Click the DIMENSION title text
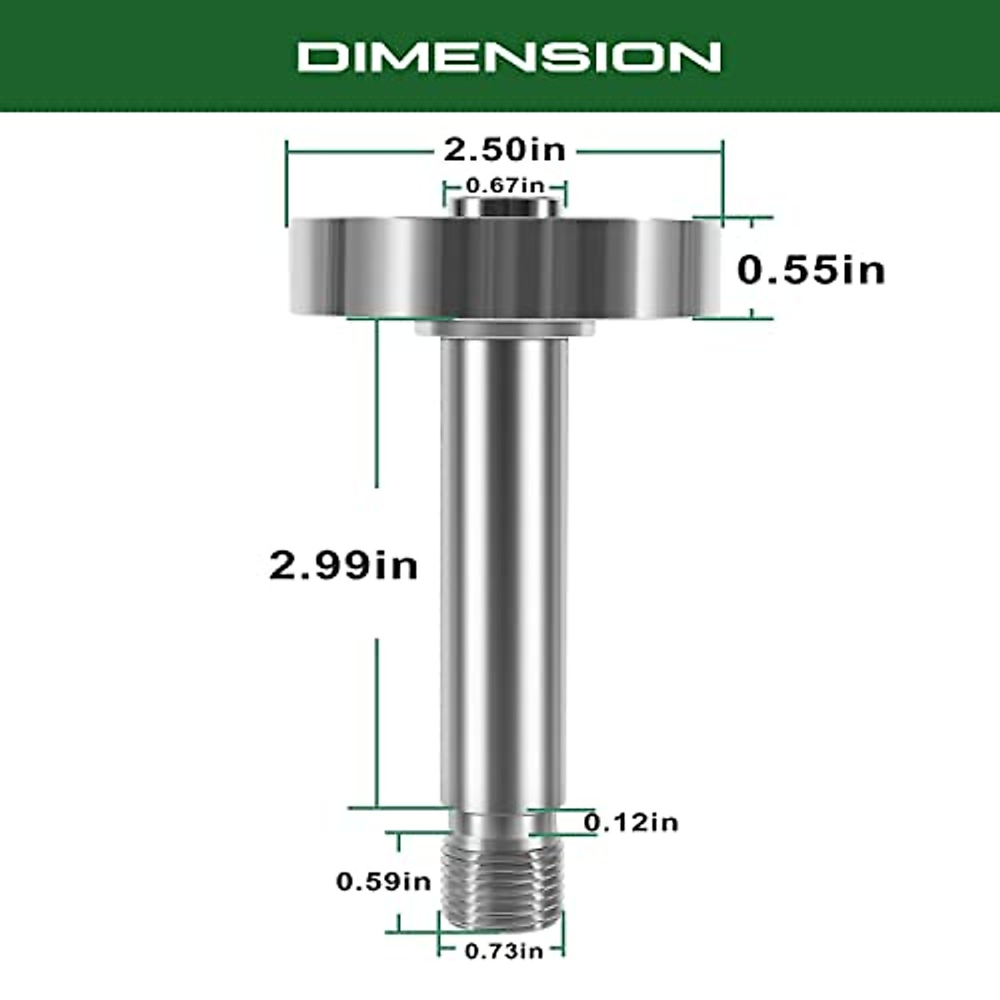click(509, 57)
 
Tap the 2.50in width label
click(504, 150)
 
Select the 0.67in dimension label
click(504, 185)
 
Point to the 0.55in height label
click(811, 269)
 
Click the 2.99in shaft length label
click(343, 566)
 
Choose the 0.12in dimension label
click(631, 822)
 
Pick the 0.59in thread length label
click(383, 881)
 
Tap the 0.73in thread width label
click(503, 951)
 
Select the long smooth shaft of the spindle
click(504, 567)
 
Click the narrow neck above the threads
click(501, 824)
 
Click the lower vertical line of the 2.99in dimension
click(377, 721)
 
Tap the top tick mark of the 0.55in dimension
click(753, 218)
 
